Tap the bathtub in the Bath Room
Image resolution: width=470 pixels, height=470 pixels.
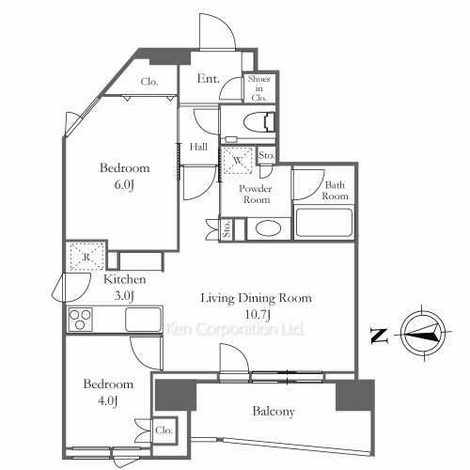tap(324, 222)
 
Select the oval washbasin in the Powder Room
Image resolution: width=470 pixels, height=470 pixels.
tap(268, 228)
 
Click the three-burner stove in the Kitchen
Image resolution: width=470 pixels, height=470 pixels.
tap(80, 320)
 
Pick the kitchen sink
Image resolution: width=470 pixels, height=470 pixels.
tap(144, 319)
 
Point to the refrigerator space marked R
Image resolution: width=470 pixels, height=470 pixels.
tap(86, 257)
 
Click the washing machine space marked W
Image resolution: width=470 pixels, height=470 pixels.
tap(238, 160)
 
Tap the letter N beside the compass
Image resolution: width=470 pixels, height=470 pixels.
tap(379, 336)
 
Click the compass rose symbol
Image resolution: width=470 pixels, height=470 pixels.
tap(423, 333)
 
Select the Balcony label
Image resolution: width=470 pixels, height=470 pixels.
tap(274, 411)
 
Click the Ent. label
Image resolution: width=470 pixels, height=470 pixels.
tap(208, 79)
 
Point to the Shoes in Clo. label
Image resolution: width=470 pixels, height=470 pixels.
tap(258, 88)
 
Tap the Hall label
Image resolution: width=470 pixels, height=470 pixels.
tap(198, 147)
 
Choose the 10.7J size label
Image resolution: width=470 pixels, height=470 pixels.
tap(258, 314)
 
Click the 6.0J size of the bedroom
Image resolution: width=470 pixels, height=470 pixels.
tap(124, 184)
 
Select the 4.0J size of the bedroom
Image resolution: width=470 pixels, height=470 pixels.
tap(108, 400)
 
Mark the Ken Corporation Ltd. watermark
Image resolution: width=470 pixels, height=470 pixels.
tap(235, 329)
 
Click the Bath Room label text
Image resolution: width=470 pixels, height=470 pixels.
tap(335, 191)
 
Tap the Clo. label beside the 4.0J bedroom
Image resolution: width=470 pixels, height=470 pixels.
tap(164, 431)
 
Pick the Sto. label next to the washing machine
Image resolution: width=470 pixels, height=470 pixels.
tap(267, 155)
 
